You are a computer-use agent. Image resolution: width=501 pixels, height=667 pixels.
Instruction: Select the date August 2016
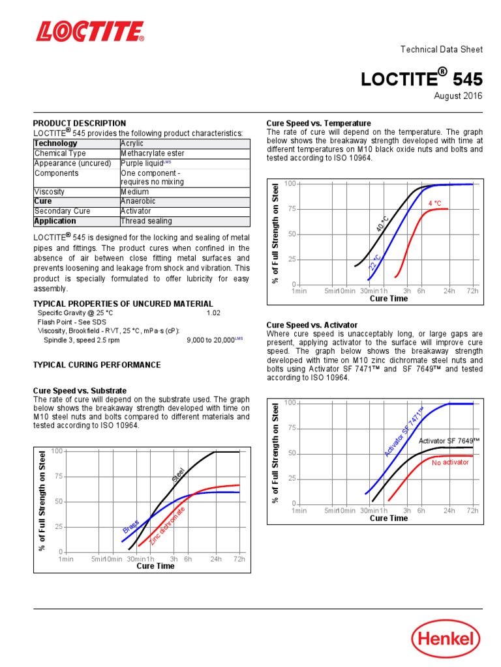coord(458,96)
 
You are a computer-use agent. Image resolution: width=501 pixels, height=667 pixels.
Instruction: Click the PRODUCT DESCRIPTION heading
coord(80,123)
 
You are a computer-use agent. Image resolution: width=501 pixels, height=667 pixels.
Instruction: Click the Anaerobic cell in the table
coord(139,201)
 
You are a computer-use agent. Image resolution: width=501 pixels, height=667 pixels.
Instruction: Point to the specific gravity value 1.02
coord(213,313)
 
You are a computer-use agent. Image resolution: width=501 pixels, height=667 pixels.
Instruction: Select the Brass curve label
coord(130,525)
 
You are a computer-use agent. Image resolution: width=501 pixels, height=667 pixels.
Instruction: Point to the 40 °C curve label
coord(383,223)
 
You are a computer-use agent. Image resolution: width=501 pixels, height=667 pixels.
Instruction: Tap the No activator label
coord(450,462)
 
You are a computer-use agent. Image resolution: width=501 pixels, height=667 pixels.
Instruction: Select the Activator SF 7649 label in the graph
coord(449,441)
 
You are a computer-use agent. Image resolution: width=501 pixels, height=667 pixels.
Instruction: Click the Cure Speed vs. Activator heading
coord(312,325)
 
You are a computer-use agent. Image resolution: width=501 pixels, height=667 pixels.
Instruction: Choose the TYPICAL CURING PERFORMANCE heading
coord(97,365)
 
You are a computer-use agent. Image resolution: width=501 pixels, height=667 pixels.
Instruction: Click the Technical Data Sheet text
coord(441,50)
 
